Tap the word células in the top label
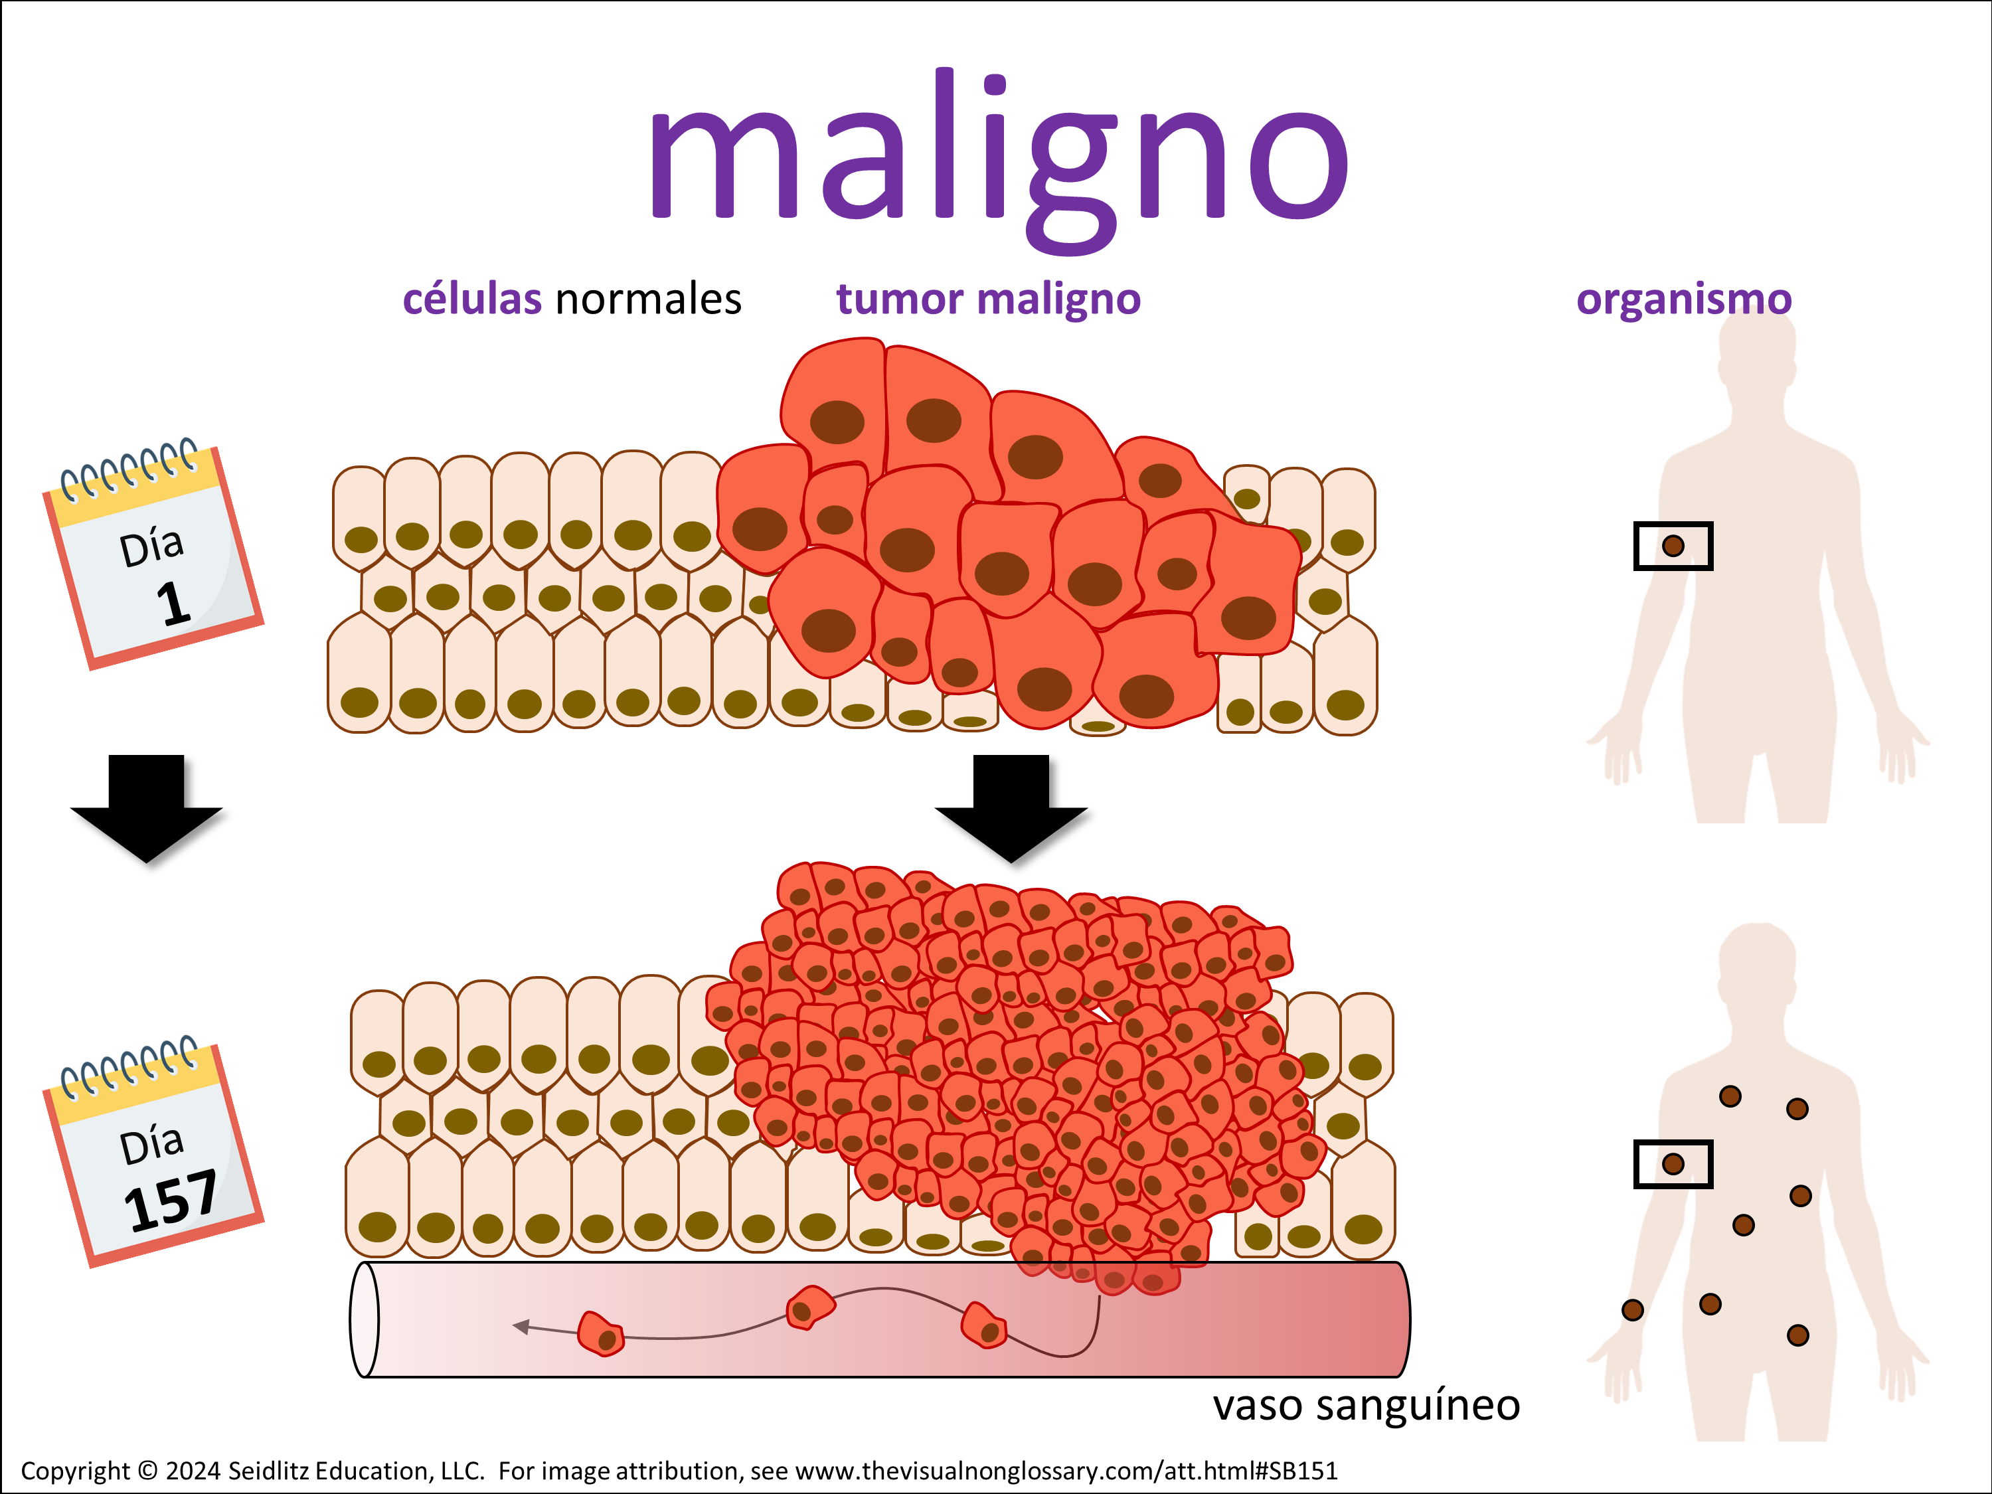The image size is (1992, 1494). pos(472,299)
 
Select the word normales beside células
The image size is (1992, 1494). pos(648,299)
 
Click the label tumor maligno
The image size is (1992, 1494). pos(988,299)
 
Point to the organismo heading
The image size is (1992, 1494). pos(1683,299)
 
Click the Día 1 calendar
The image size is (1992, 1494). pos(153,558)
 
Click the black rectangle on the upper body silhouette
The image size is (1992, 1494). pos(1673,546)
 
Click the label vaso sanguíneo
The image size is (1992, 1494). pos(1365,1405)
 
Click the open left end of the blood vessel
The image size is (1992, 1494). pos(364,1319)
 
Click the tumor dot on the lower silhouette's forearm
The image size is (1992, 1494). pos(1632,1309)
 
